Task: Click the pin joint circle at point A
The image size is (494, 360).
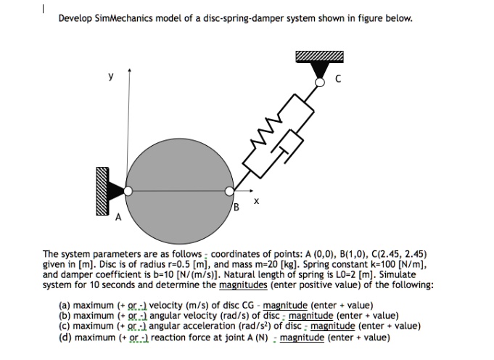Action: click(128, 191)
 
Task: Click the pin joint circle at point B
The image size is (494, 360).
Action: click(229, 191)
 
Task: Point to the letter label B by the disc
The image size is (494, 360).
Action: click(236, 208)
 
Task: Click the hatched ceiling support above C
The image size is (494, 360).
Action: click(318, 56)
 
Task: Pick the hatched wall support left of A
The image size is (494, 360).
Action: click(101, 191)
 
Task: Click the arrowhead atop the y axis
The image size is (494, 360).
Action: click(129, 70)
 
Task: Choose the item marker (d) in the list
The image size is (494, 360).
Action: click(65, 337)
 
